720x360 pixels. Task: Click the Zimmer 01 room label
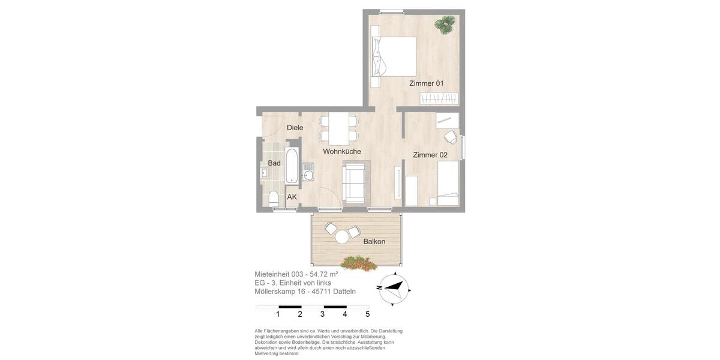(x=426, y=83)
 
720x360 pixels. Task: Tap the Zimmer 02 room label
(x=430, y=155)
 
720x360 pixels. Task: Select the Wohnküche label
(x=341, y=151)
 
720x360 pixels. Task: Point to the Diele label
(x=295, y=127)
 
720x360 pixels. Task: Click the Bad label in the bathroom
(x=274, y=163)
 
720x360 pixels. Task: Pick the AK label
(x=292, y=197)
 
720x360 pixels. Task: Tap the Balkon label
(x=374, y=241)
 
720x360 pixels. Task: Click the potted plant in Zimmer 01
(x=445, y=25)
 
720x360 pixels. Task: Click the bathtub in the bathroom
(x=292, y=165)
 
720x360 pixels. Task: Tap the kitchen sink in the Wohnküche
(x=308, y=175)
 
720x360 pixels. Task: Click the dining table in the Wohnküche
(x=339, y=128)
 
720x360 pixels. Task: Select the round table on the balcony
(x=342, y=237)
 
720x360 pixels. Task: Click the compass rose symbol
(x=393, y=288)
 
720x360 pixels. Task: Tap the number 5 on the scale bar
(x=367, y=314)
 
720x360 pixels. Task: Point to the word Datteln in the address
(x=341, y=292)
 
